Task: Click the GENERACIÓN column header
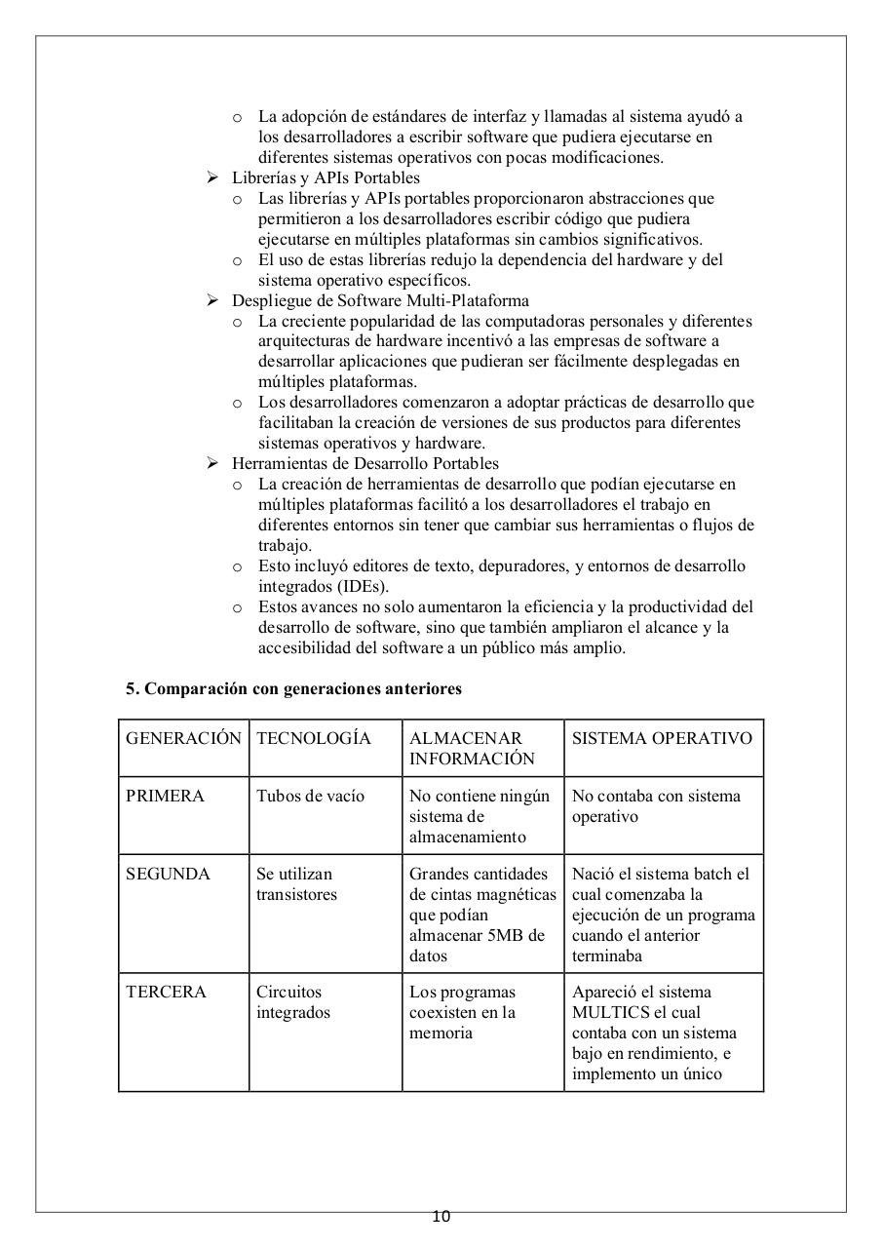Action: [x=182, y=738]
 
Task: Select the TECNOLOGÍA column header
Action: [x=313, y=738]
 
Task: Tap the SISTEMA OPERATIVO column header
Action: [x=662, y=738]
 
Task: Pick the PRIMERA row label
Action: [x=165, y=796]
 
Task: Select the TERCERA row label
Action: [x=166, y=992]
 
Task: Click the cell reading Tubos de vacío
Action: [x=310, y=796]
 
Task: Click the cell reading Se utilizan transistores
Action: [x=294, y=884]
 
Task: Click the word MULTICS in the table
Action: [x=611, y=1012]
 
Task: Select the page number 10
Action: [x=441, y=1216]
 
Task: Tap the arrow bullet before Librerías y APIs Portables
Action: [x=212, y=177]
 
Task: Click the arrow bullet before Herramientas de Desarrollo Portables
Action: [x=212, y=463]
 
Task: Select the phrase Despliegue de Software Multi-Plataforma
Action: [x=380, y=300]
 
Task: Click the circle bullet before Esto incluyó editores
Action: [x=237, y=566]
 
